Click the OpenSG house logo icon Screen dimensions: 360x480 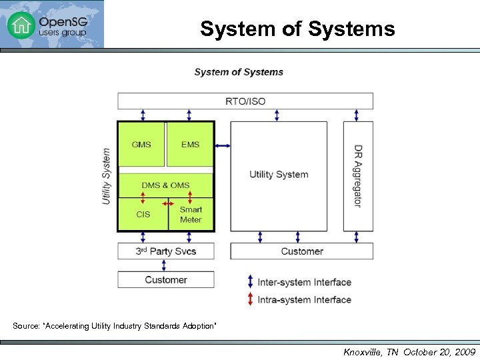pos(20,25)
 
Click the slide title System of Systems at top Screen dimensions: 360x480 pos(297,29)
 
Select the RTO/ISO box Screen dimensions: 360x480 pos(245,101)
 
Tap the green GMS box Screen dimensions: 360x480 pos(141,144)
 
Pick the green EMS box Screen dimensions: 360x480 pos(190,144)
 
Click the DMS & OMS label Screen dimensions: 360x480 pos(165,185)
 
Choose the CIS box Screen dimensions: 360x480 pos(143,215)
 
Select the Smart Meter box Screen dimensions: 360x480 pos(191,215)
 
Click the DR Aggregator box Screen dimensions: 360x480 pos(358,176)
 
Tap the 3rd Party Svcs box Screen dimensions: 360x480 pos(165,251)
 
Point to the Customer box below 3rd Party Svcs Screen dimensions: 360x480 pos(165,280)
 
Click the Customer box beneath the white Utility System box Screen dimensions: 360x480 pos(301,251)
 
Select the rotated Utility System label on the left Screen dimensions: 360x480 pos(107,176)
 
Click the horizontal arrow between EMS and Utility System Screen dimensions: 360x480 pos(223,145)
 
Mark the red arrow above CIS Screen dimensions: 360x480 pos(143,198)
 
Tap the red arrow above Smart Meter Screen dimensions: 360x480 pos(189,198)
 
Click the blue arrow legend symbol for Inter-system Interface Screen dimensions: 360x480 pos(250,282)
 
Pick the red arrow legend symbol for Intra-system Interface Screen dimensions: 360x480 pos(250,299)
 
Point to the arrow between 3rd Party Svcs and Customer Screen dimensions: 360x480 pos(164,265)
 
